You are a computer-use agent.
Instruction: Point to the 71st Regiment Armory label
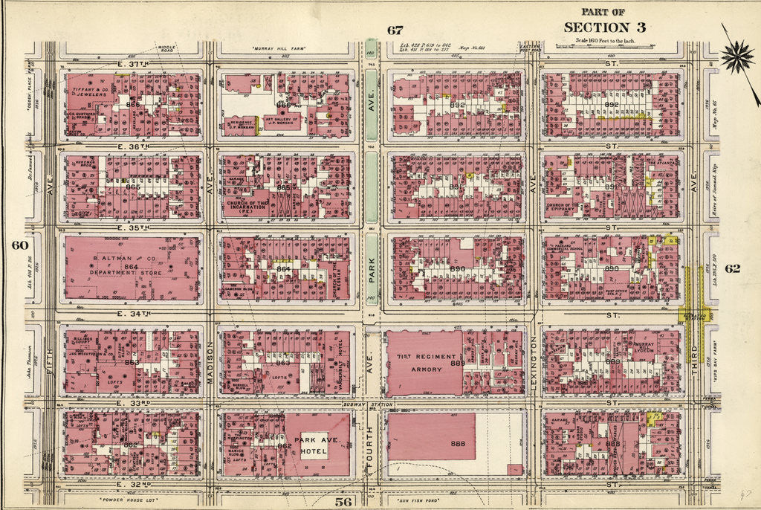coord(421,364)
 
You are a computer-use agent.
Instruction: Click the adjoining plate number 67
coord(394,30)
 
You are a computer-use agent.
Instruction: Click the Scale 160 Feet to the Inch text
coord(603,39)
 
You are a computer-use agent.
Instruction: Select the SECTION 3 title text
coord(603,27)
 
